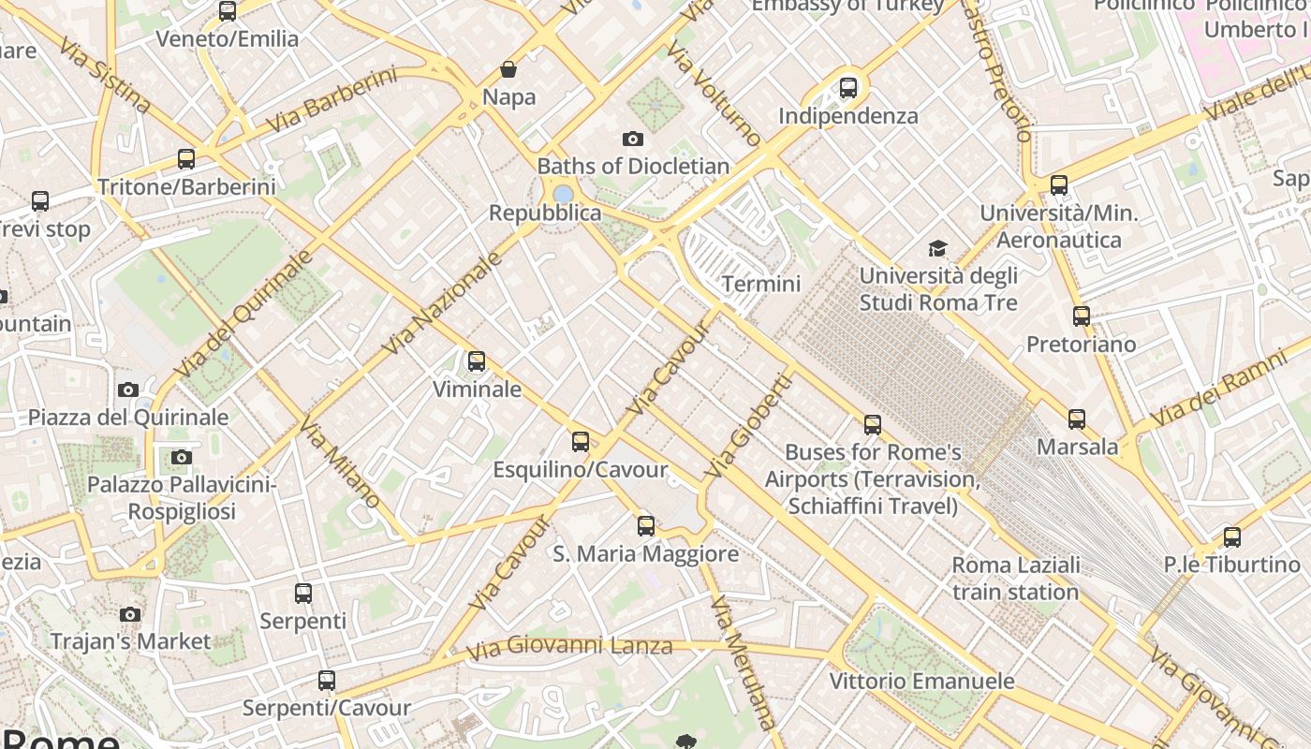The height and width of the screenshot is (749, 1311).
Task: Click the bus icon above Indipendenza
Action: [848, 88]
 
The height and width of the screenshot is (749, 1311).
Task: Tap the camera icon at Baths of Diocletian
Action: [633, 139]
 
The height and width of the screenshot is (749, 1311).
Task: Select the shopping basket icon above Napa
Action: [508, 69]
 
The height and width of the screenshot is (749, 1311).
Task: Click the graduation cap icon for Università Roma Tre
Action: [937, 248]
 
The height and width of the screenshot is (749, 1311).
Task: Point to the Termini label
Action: [761, 284]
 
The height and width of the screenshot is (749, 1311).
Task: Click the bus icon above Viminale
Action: [477, 360]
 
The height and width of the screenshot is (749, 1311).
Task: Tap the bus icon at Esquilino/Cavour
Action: [581, 441]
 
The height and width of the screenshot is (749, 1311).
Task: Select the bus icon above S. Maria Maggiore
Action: [646, 525]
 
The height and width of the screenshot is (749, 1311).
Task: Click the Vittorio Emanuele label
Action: [921, 681]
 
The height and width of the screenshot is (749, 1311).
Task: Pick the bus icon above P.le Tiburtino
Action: [1232, 537]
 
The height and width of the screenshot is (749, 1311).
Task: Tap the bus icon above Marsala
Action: [1077, 419]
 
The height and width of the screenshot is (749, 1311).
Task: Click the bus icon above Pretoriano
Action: [1082, 316]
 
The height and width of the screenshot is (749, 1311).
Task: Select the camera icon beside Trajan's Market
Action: [130, 614]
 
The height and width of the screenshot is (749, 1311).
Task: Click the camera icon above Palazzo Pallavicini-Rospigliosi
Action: [182, 457]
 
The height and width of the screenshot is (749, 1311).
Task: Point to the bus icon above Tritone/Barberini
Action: [186, 159]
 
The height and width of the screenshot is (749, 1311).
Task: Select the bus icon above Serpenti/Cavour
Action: [326, 681]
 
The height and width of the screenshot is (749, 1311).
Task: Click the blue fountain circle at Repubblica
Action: [563, 194]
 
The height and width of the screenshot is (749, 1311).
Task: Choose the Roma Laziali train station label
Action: [1016, 579]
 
